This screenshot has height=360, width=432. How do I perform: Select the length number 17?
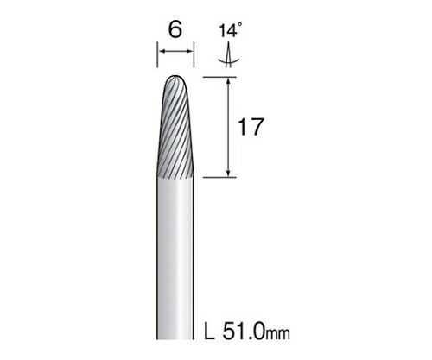pos(248,126)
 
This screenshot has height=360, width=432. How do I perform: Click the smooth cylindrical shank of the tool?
pos(176,259)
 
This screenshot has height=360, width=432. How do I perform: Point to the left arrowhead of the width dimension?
pos(160,57)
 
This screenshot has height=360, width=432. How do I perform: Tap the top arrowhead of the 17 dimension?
pos(227,81)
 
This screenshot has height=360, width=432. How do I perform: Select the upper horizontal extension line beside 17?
pos(220,77)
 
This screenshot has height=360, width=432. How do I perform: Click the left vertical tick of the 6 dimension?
pos(156,57)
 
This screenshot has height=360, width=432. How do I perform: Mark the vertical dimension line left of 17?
pos(227,126)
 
